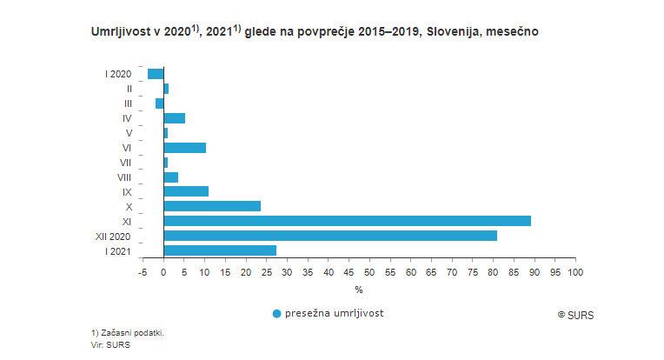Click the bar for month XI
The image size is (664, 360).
click(x=347, y=221)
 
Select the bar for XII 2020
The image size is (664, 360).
click(x=330, y=236)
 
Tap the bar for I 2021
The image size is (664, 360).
click(x=220, y=250)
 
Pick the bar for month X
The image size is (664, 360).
click(x=212, y=206)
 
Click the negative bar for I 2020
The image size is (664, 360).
click(x=156, y=74)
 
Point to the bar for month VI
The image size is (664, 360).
click(x=184, y=148)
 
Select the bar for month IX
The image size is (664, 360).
click(x=186, y=191)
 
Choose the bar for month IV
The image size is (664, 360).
click(x=174, y=118)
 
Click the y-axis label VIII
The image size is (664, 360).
click(x=123, y=177)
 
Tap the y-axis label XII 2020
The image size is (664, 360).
click(x=113, y=236)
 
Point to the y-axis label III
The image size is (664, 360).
click(x=128, y=103)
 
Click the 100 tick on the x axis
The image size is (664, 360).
click(x=574, y=272)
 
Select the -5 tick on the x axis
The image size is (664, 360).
click(x=143, y=272)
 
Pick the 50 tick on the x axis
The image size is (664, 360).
click(x=369, y=272)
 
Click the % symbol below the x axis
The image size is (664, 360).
click(x=357, y=289)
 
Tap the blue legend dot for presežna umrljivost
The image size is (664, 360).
click(x=277, y=313)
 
